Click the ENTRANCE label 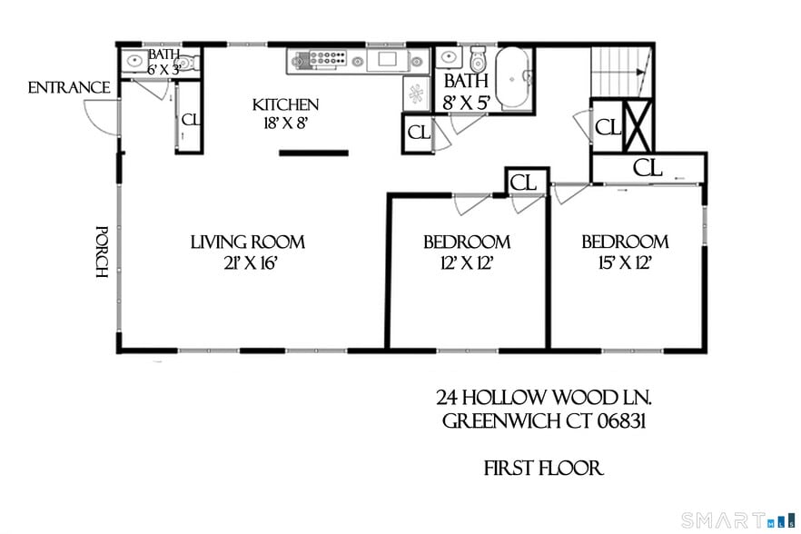click(x=69, y=88)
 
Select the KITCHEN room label click(x=285, y=104)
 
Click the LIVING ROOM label click(x=247, y=242)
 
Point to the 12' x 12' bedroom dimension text click(x=466, y=263)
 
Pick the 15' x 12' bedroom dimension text click(x=625, y=263)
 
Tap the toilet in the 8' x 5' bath click(x=479, y=61)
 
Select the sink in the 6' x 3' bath click(x=133, y=62)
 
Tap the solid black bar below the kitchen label click(x=313, y=153)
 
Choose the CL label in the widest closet click(x=648, y=167)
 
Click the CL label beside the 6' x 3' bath click(x=191, y=119)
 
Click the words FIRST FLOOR click(x=543, y=469)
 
